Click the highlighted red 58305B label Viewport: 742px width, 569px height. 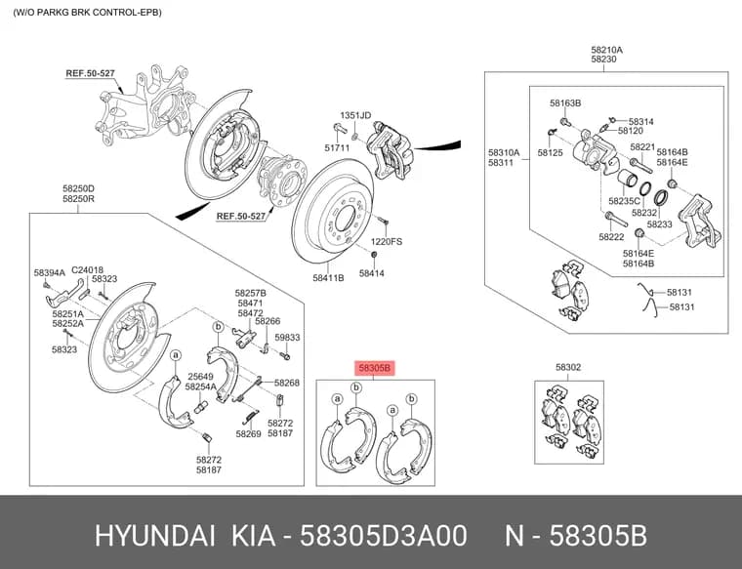(375, 368)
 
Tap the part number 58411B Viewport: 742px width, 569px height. (328, 278)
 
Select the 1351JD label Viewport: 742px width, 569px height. (355, 115)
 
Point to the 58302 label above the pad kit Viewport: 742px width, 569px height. (568, 367)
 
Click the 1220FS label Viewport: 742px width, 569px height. (387, 242)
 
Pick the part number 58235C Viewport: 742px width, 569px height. (624, 201)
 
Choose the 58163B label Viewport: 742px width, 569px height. (565, 103)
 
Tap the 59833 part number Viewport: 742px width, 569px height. (287, 338)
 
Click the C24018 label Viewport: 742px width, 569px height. (87, 270)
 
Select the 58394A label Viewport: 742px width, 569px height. (49, 273)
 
